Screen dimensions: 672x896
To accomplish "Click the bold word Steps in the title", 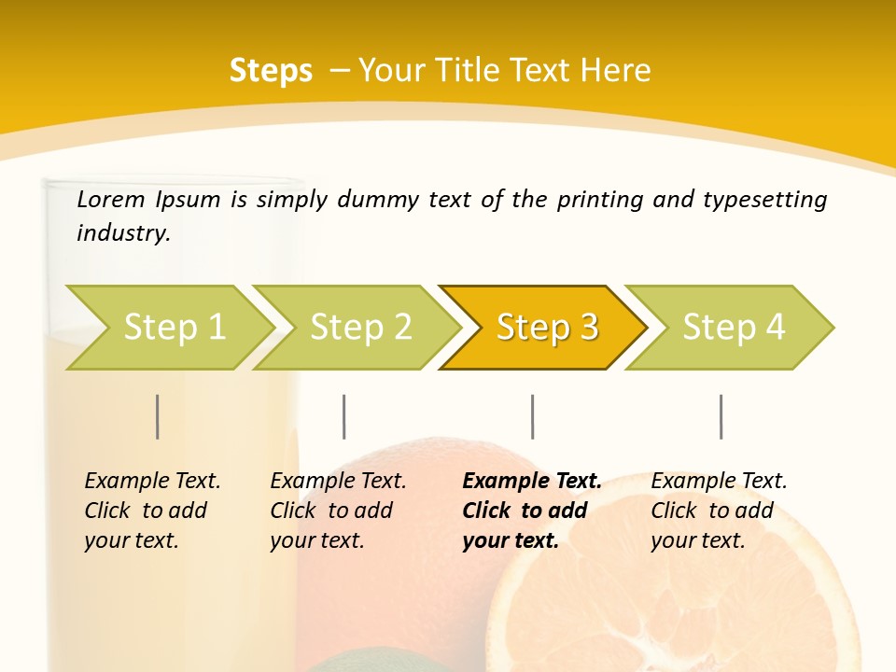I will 271,71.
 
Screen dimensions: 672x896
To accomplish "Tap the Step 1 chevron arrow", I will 174,327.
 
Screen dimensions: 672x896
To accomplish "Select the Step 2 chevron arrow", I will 360,327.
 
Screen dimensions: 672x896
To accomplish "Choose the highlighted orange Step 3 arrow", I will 547,327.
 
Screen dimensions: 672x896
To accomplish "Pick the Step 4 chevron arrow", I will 734,327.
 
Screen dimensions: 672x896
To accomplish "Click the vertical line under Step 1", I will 158,416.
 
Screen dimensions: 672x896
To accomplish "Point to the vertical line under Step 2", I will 344,416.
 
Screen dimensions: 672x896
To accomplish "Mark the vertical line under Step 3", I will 533,416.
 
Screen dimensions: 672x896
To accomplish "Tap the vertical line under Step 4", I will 721,416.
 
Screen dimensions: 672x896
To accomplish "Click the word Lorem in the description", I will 111,199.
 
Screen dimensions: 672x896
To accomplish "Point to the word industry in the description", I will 123,233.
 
